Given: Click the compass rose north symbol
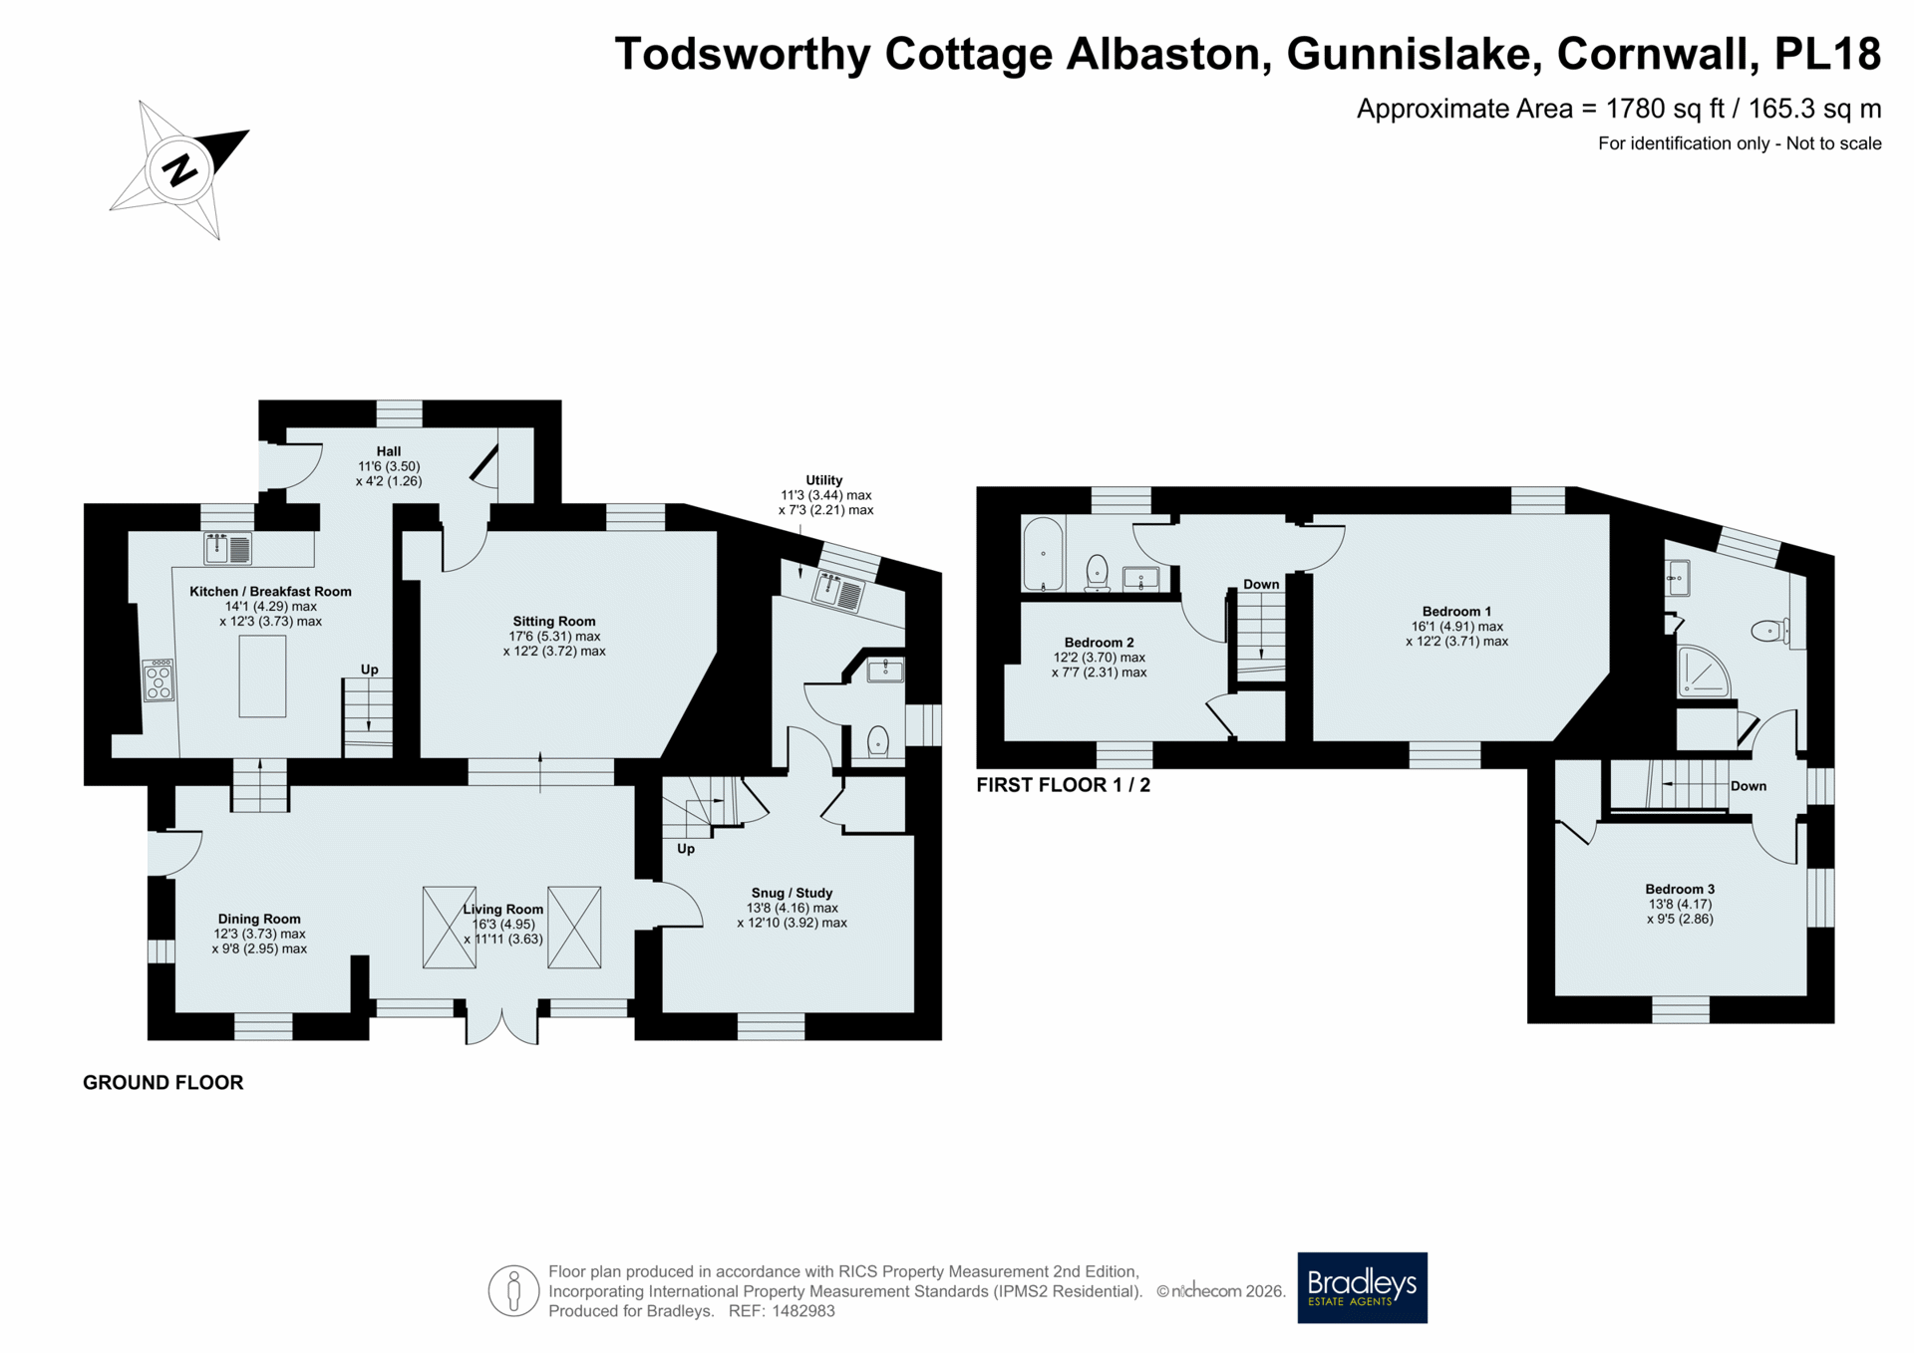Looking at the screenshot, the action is [x=179, y=169].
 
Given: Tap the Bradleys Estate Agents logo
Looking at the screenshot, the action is [x=1362, y=1287].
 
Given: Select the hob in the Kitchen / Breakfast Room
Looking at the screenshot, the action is [x=159, y=680].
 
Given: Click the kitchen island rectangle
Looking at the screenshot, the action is [x=262, y=676].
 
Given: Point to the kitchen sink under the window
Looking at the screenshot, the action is [x=227, y=548].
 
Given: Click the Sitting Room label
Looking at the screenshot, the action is [x=554, y=621].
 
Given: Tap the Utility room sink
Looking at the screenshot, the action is [x=837, y=591].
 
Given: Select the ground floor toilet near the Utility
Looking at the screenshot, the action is [x=878, y=741].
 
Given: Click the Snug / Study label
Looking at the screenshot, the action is [x=792, y=893].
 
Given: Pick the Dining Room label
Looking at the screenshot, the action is [x=259, y=919].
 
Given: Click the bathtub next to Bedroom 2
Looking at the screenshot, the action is [x=1044, y=553].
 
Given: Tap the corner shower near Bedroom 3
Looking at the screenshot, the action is [x=1704, y=672].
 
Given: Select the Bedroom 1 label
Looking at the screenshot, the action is [x=1456, y=611].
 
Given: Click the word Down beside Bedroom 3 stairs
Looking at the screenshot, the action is [x=1749, y=786].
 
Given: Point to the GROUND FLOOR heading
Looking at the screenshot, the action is [x=162, y=1082].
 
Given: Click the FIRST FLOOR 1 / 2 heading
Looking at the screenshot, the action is [x=1063, y=785].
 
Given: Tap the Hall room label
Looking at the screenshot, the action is [x=389, y=451].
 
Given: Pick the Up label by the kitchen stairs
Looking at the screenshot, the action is [x=370, y=670].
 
